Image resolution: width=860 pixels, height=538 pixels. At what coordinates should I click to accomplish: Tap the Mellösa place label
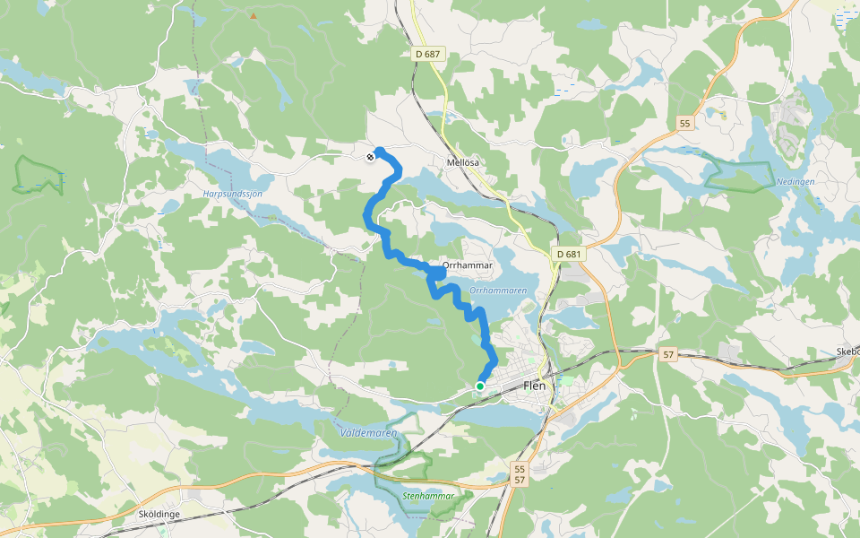463,162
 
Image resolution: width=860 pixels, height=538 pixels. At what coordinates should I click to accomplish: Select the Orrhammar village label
462,266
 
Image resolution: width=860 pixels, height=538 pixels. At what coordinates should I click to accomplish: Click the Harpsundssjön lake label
231,193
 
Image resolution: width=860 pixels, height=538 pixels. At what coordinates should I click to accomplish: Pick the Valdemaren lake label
367,432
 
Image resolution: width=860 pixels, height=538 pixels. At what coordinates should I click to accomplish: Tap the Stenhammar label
429,495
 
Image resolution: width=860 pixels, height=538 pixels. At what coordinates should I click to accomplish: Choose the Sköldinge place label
161,514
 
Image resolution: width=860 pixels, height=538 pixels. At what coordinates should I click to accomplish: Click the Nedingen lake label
795,181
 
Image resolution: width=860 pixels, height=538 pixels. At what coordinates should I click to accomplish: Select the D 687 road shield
428,55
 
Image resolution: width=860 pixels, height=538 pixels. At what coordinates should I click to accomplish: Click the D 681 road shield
568,255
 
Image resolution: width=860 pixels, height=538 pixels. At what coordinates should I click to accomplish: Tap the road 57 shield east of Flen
668,355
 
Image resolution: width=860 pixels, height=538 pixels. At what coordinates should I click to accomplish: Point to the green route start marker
480,386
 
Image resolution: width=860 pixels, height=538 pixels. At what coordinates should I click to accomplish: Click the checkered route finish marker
370,158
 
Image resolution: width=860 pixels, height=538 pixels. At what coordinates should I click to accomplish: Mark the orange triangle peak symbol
254,16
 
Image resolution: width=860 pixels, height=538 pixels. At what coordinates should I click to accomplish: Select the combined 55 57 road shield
520,475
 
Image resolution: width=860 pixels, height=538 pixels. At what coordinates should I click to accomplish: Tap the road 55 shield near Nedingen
685,124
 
